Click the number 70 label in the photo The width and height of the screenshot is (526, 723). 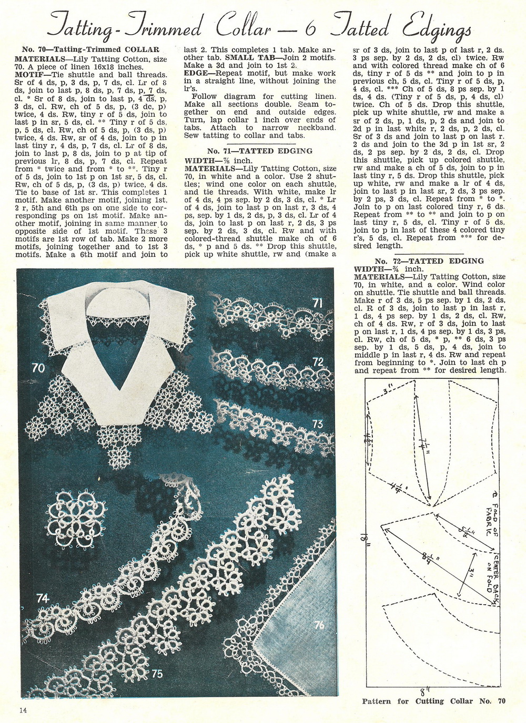click(x=38, y=368)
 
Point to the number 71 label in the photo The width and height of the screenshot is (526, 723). click(x=317, y=303)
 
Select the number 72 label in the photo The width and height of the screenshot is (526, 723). click(x=318, y=361)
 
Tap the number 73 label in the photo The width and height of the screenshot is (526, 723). click(x=317, y=424)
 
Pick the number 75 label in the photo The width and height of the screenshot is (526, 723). click(x=156, y=674)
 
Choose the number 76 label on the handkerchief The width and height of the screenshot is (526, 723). click(x=319, y=625)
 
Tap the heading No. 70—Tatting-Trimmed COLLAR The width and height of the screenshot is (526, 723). click(x=90, y=49)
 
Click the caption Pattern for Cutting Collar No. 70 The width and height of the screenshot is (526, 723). click(x=433, y=701)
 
